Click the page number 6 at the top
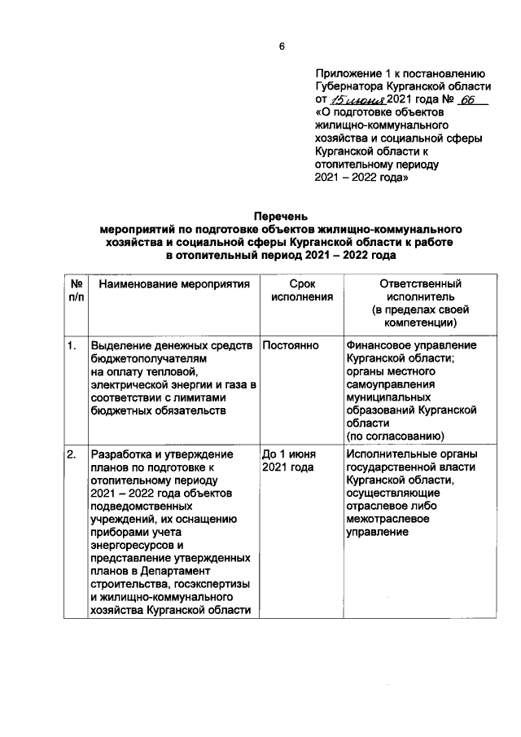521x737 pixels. click(282, 46)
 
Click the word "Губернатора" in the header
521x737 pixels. click(350, 86)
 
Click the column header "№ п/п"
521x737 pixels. click(74, 291)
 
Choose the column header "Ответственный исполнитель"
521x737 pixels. click(421, 291)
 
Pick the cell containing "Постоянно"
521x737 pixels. click(290, 345)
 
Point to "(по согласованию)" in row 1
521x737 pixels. click(395, 436)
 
